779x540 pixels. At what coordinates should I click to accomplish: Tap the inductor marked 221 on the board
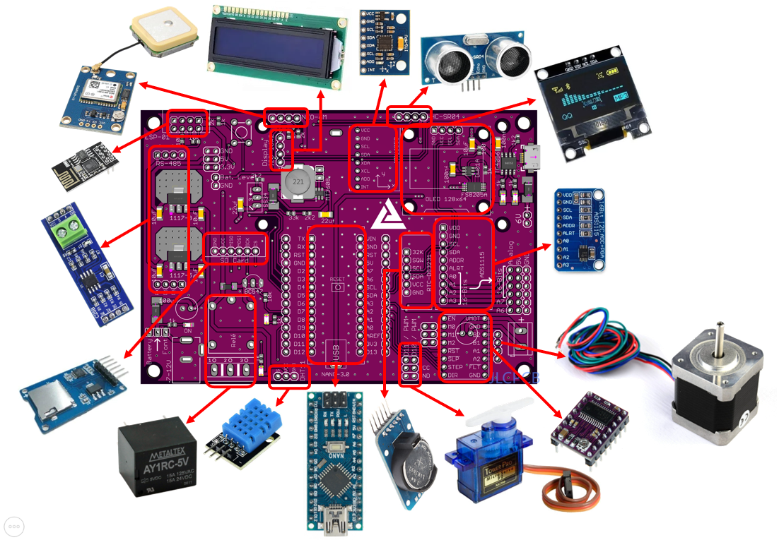coord(298,184)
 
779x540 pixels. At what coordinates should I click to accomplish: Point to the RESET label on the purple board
coord(338,280)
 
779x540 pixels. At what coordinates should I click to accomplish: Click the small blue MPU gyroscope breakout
coord(385,42)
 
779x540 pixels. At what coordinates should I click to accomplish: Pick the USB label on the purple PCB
coord(338,352)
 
